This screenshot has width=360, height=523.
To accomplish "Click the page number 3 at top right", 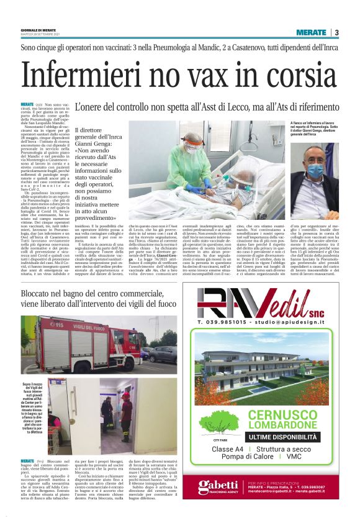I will tap(335, 32).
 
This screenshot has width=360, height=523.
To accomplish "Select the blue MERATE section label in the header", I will tap(311, 32).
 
